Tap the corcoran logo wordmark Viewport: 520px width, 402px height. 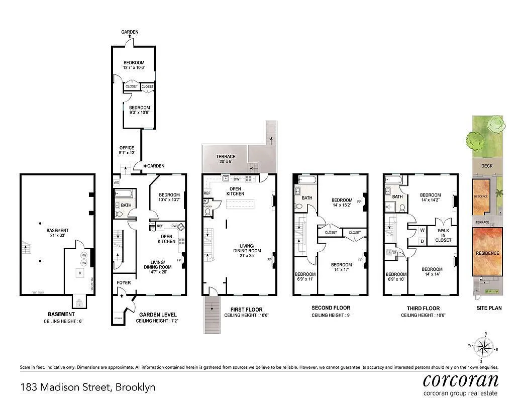tap(460, 379)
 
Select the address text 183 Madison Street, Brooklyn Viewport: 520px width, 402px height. tap(88, 387)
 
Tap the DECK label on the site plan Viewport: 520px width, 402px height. tap(486, 166)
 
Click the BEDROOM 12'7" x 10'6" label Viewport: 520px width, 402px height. tap(134, 65)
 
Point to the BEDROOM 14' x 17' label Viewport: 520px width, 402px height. tap(341, 267)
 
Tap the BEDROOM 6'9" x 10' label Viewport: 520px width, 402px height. tap(396, 277)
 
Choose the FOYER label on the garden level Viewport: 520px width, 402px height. tap(124, 282)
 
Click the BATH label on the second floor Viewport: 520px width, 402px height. tap(306, 198)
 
